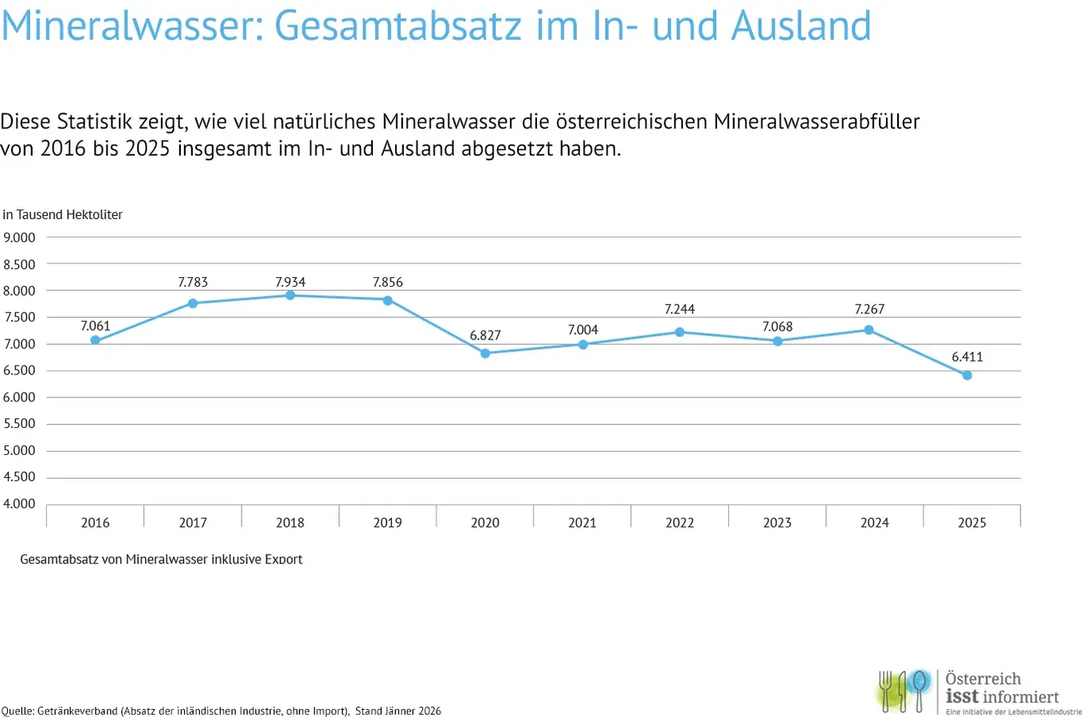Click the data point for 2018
coord(290,296)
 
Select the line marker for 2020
coord(485,353)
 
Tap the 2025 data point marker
coord(967,375)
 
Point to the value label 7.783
coord(193,282)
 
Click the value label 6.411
coord(967,357)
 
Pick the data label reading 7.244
coord(680,309)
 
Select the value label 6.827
coord(485,335)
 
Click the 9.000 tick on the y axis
coord(20,237)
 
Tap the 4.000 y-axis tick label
coord(20,504)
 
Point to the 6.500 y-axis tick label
coord(20,370)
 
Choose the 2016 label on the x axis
coord(96,523)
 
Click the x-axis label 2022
coord(680,523)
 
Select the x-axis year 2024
coord(875,523)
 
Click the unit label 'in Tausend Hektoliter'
coord(63,214)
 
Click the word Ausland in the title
coord(802,25)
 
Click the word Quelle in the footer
coord(17,711)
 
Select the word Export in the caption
coord(283,559)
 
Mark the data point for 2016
coord(96,340)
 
